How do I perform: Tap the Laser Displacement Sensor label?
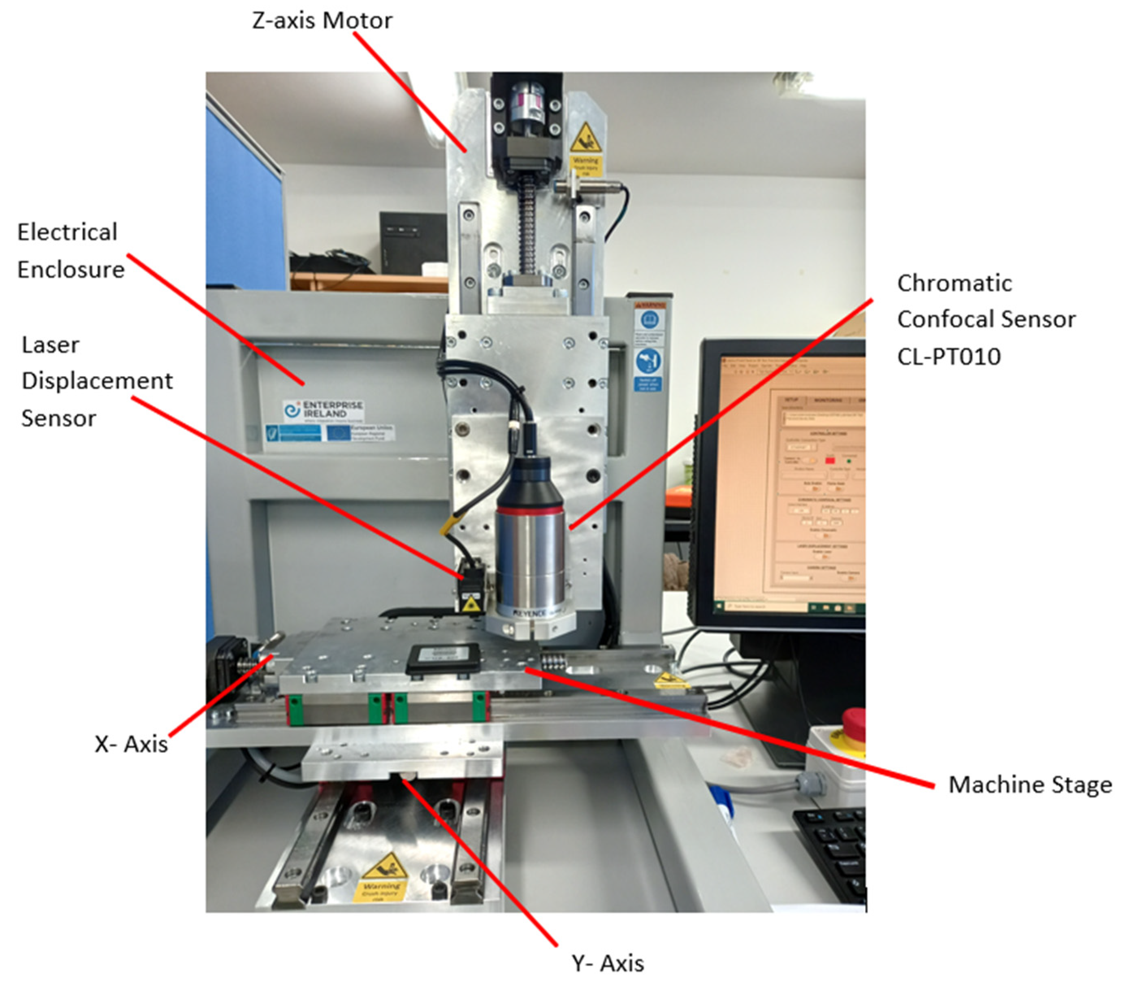(x=96, y=381)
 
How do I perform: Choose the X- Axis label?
(x=131, y=744)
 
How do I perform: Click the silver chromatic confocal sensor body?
(x=530, y=562)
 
